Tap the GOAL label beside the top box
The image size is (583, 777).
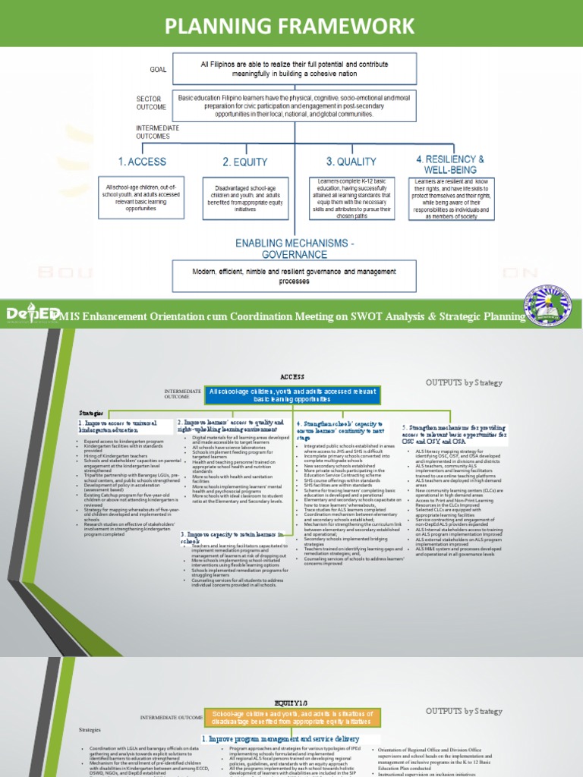point(158,69)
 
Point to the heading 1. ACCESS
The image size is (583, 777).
point(142,162)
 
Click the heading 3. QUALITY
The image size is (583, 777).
point(351,162)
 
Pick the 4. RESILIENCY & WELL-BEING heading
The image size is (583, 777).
point(449,164)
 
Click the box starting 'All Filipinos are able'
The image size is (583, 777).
point(294,69)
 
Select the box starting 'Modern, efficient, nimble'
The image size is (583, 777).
point(294,275)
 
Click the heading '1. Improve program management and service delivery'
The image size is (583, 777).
point(280,738)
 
